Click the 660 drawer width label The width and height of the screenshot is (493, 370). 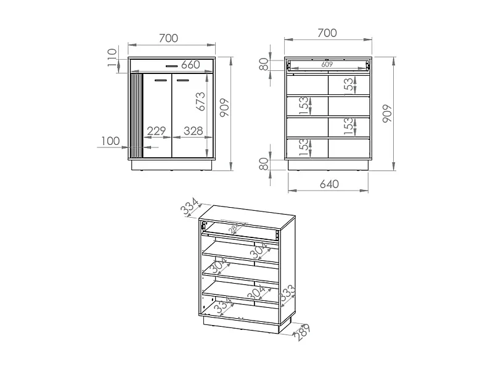[x=190, y=65]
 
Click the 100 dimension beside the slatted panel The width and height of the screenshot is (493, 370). [x=109, y=141]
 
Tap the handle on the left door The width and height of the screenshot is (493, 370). [x=160, y=80]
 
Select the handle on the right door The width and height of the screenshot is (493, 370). [x=183, y=80]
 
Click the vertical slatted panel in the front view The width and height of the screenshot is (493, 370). [x=136, y=116]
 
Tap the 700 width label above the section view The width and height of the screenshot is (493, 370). [x=328, y=31]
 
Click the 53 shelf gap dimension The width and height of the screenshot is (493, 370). [x=349, y=85]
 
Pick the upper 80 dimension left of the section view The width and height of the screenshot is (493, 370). [x=264, y=64]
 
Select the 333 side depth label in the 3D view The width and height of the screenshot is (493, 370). [x=287, y=296]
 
